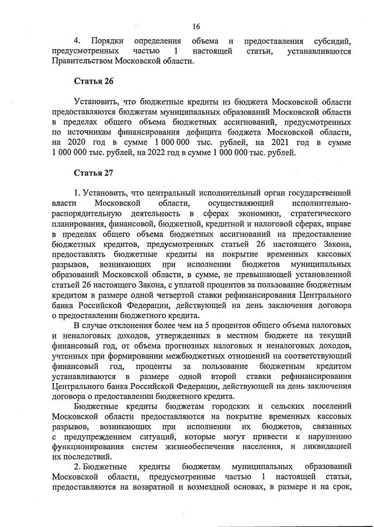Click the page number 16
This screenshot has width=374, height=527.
196,26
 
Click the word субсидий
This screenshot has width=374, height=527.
330,42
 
